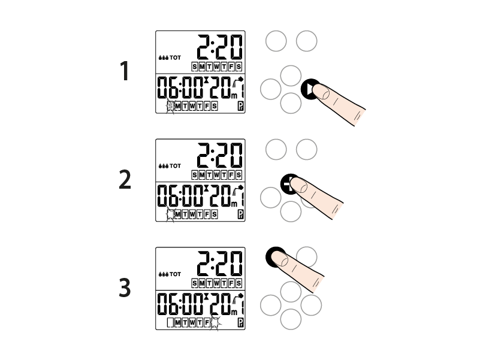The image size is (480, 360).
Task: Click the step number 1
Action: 125,72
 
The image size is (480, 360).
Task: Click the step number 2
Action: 125,180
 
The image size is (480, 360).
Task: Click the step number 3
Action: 125,288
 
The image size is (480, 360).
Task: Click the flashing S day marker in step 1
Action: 170,107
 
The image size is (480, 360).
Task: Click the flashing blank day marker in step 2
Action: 170,214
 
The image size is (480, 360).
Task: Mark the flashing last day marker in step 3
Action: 215,323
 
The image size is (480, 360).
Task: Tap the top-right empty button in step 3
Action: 306,256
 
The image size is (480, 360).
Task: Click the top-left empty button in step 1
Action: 276,41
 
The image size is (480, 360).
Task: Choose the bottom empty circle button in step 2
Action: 291,211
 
